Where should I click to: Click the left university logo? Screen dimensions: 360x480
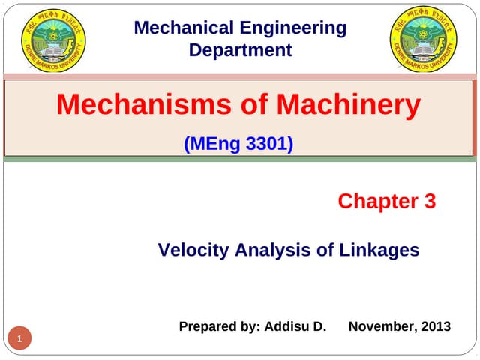tap(53, 38)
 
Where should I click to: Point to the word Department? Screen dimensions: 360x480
tap(240, 51)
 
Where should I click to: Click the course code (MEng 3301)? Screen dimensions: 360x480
tap(238, 143)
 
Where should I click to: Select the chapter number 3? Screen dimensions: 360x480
tap(430, 202)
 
